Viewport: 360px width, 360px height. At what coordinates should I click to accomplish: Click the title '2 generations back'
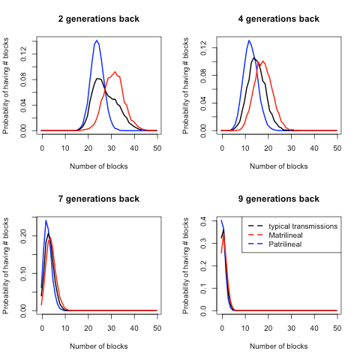point(99,19)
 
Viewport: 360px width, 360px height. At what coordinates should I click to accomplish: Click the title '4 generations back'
point(279,19)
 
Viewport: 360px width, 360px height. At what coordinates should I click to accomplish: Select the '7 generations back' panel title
point(99,199)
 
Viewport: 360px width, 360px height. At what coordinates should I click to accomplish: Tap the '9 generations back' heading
point(279,199)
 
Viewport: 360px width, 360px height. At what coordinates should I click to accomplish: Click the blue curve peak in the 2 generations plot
point(97,40)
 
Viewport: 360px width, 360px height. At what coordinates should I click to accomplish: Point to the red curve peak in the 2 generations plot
point(115,72)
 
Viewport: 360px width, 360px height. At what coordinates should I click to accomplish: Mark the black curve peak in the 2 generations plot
point(98,78)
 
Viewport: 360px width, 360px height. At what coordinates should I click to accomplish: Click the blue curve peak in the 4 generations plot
point(249,40)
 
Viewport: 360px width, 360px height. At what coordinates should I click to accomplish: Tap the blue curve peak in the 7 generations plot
point(46,220)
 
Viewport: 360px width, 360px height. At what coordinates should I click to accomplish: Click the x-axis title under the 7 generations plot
point(99,346)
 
